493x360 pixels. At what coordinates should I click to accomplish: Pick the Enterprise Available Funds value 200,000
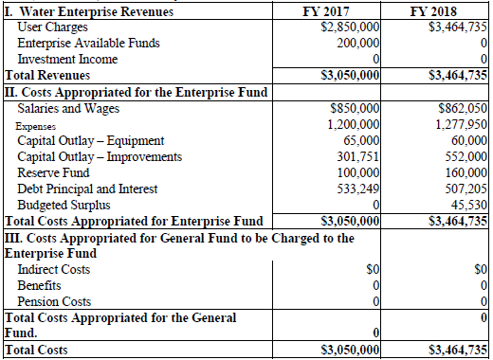coord(358,44)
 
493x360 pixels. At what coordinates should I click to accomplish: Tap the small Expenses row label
coord(36,125)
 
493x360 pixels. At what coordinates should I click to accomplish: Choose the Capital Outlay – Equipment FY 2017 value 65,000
coord(361,140)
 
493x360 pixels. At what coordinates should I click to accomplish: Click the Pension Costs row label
coord(54,300)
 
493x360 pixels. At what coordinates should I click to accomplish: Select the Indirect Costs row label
coord(54,270)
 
